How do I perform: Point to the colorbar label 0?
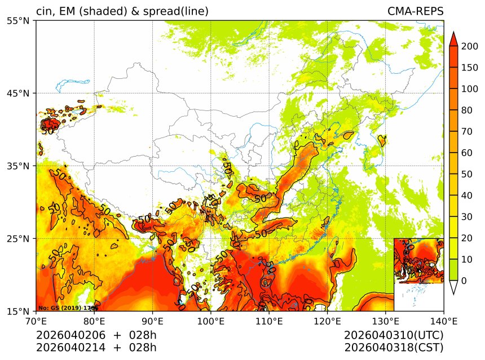coord(464,281)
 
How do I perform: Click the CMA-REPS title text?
coord(415,11)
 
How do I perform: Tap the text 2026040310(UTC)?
coord(394,335)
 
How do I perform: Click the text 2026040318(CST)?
coord(394,348)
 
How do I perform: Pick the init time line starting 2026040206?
coord(96,335)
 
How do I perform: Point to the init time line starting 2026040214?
coord(96,348)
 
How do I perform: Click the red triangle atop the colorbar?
coord(453,39)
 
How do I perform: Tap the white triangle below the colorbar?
coord(453,287)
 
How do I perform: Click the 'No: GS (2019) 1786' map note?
coord(68,308)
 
